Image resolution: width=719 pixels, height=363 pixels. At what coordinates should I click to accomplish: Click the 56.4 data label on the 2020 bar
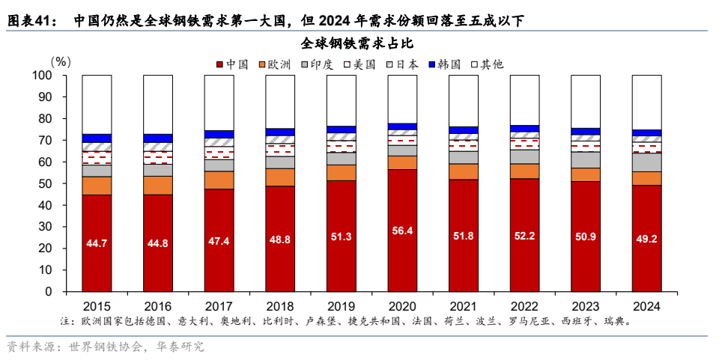tap(402, 231)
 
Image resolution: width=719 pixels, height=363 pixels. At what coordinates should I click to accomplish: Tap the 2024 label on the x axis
tap(646, 307)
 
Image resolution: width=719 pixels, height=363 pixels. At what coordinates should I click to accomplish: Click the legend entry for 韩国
tap(448, 64)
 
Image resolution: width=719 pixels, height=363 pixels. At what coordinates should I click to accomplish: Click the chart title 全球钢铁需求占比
tap(358, 43)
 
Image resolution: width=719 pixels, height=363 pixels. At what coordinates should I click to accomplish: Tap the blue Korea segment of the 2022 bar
tap(524, 129)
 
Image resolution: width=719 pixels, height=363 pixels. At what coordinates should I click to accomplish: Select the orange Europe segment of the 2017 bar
tap(219, 180)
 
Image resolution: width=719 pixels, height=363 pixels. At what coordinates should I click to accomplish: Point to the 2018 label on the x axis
tap(280, 307)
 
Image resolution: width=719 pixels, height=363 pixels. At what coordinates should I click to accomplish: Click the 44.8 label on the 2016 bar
tap(158, 244)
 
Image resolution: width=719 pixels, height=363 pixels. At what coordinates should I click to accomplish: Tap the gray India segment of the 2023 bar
tap(586, 159)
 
